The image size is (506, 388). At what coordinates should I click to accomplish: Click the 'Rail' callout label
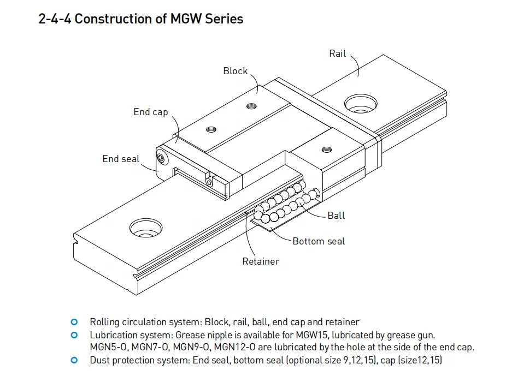(x=337, y=53)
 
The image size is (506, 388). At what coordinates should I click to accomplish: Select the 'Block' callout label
(x=235, y=71)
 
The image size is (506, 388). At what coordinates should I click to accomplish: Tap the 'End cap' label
(x=151, y=112)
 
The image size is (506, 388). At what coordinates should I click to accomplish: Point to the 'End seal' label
(x=121, y=159)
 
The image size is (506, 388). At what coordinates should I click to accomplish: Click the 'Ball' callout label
(x=336, y=216)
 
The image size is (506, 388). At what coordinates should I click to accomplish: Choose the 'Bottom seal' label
(x=319, y=241)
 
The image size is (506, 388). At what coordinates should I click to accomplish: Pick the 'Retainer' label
(x=261, y=261)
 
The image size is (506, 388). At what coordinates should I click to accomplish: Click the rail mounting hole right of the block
(x=360, y=102)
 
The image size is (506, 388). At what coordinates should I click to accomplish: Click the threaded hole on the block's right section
(x=327, y=149)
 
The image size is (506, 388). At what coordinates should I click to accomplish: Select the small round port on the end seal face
(x=161, y=158)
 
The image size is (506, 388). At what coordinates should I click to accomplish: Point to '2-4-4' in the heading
(x=55, y=19)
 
